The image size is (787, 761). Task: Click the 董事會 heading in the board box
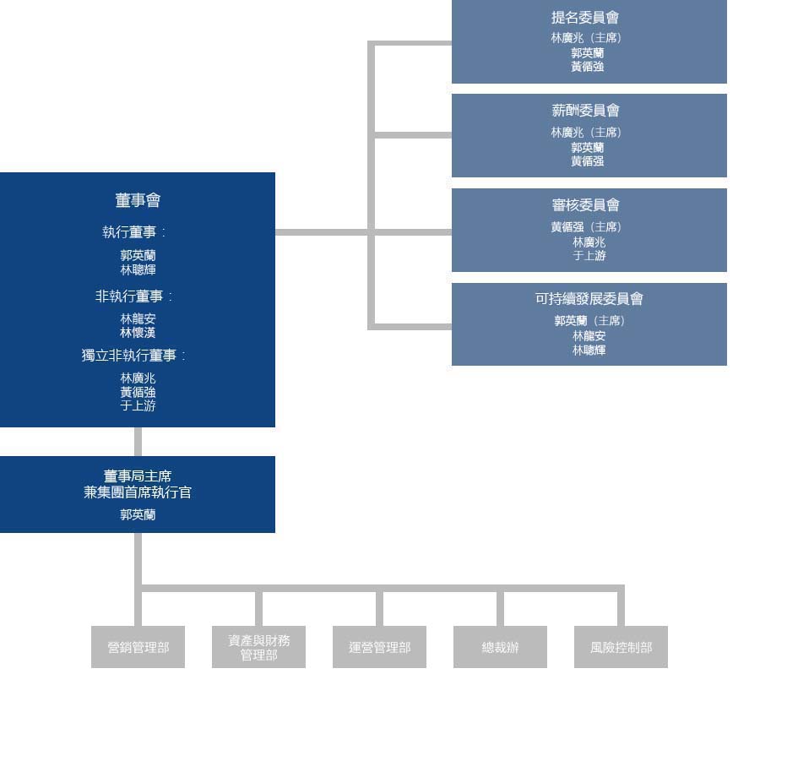(138, 200)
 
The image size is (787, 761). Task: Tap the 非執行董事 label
(133, 296)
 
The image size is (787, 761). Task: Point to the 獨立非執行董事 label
(133, 356)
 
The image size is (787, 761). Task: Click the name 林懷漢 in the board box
(138, 333)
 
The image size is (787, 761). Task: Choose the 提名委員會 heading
(585, 17)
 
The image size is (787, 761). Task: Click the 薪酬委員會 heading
(585, 111)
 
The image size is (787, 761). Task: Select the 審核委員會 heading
(585, 205)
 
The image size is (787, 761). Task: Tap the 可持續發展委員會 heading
(589, 299)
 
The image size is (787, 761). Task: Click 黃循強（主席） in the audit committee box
(586, 227)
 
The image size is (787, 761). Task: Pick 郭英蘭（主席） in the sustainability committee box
(589, 321)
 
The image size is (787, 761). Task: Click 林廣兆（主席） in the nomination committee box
(586, 38)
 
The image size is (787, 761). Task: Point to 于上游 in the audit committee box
(589, 256)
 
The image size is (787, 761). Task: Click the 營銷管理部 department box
(138, 647)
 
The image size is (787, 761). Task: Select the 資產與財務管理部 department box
(258, 647)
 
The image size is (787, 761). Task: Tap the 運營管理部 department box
(379, 647)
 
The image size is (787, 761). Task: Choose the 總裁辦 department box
(500, 647)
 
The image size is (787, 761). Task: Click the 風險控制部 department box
(621, 647)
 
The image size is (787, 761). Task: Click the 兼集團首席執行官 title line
(138, 492)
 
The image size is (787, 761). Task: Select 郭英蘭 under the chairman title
(138, 515)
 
